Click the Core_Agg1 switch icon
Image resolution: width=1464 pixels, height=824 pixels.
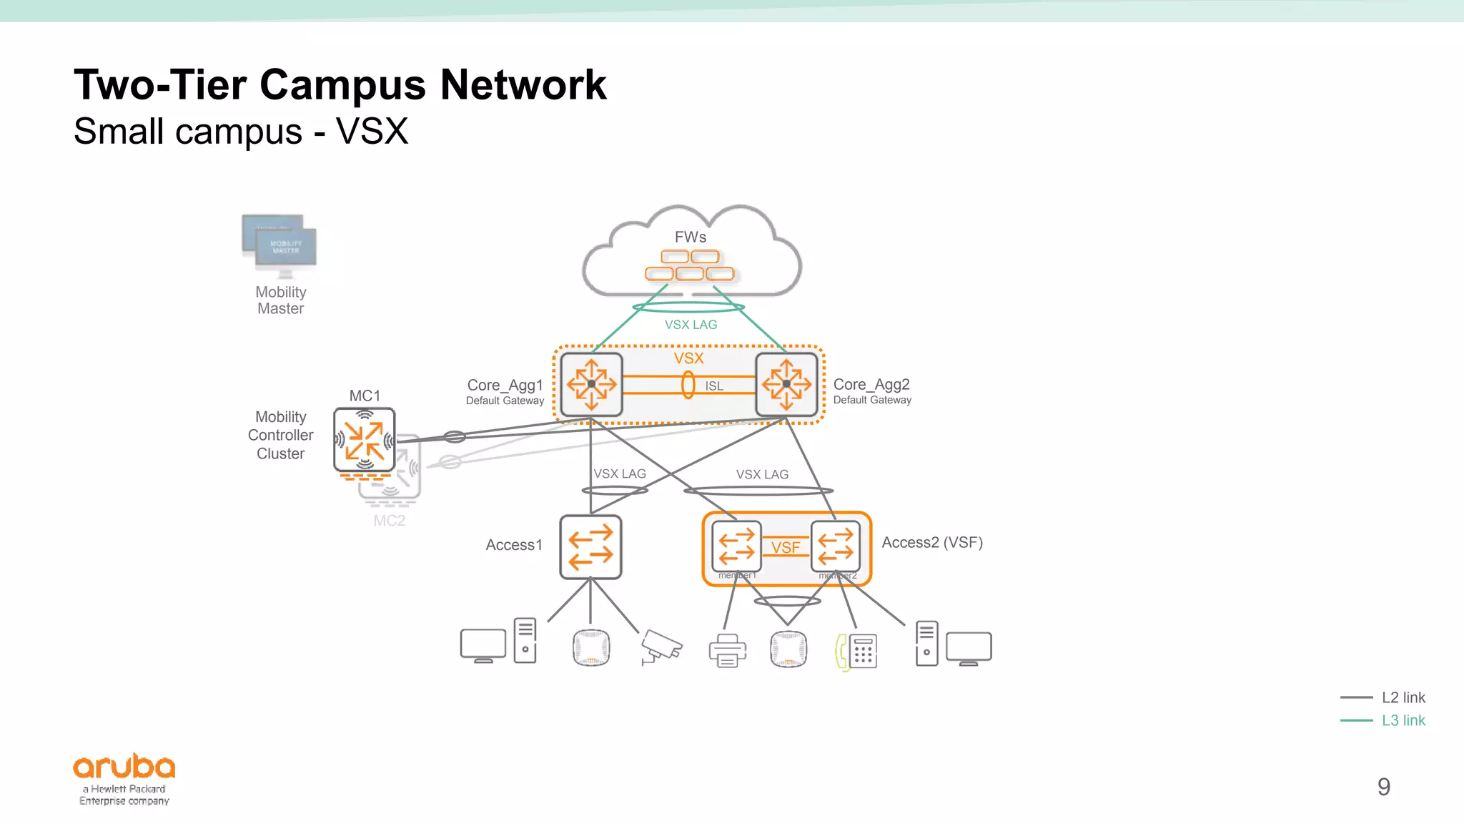[x=591, y=384]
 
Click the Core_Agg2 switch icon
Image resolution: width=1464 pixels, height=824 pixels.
[x=786, y=384]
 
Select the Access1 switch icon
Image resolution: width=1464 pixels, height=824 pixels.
[x=590, y=546]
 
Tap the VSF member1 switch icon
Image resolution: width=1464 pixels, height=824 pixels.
[x=736, y=546]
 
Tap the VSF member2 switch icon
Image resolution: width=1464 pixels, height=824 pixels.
[x=835, y=546]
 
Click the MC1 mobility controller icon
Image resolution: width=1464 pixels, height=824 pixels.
[x=365, y=439]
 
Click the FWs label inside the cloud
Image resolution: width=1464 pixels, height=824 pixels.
[x=690, y=237]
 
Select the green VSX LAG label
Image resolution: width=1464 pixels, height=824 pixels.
[x=691, y=325]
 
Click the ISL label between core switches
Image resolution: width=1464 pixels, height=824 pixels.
[x=714, y=386]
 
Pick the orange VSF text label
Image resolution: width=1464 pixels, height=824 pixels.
[x=785, y=547]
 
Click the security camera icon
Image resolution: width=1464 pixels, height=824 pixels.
[x=661, y=646]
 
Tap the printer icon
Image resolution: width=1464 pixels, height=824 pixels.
[x=727, y=650]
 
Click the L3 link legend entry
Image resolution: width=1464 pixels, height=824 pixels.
[x=1403, y=720]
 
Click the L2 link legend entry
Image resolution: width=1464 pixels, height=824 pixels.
[x=1403, y=697]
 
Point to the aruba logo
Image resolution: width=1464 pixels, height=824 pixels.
[x=124, y=767]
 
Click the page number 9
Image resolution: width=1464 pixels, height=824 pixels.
[x=1383, y=787]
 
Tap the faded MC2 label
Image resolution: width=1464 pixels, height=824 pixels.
[x=389, y=521]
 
